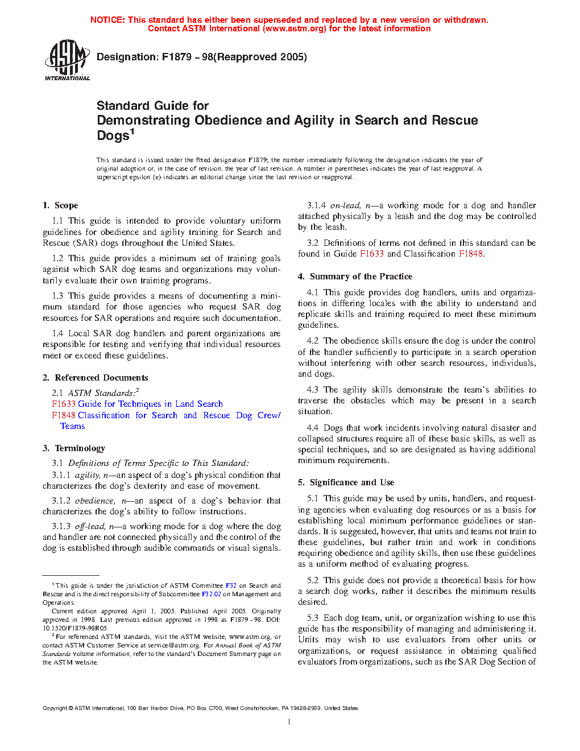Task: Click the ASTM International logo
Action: point(67,60)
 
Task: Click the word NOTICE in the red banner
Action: point(107,20)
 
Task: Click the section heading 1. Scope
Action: point(60,205)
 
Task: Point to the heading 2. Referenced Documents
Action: point(95,378)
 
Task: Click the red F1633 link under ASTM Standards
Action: point(63,404)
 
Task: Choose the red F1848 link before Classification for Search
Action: point(63,415)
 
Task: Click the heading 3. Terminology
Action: point(74,448)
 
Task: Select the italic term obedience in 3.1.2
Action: point(94,501)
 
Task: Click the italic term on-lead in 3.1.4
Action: point(345,205)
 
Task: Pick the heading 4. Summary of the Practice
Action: point(355,277)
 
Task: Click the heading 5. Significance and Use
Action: point(346,482)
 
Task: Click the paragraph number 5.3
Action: point(313,618)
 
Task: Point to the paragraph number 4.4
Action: point(313,428)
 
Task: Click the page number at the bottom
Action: point(289,722)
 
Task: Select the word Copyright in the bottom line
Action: point(55,708)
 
